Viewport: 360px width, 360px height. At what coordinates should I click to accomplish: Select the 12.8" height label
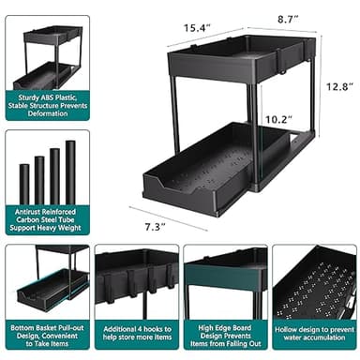tap(339, 86)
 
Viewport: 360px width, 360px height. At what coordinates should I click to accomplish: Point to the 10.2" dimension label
tap(279, 119)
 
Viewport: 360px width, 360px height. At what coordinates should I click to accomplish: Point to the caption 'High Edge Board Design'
tap(225, 335)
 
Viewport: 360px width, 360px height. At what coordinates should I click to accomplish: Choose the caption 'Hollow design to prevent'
tap(314, 336)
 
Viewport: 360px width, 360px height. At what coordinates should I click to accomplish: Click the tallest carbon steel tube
tap(70, 174)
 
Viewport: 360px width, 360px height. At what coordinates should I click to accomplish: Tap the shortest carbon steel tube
tap(24, 186)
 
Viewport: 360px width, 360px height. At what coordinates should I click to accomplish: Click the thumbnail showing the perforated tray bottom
tap(314, 281)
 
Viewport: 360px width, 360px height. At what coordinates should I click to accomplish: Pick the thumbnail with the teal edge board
tap(225, 281)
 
